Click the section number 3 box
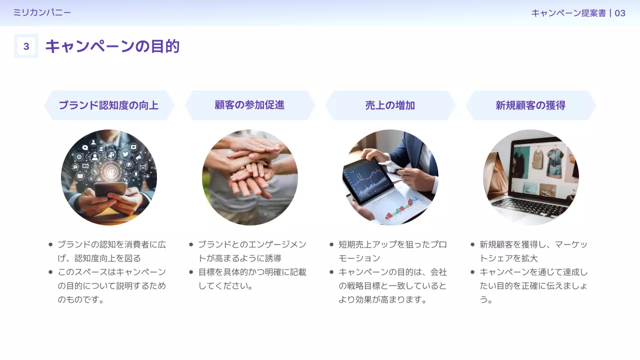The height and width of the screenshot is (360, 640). (26, 46)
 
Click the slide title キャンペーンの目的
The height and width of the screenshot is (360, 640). (112, 46)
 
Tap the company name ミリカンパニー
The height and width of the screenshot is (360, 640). (42, 12)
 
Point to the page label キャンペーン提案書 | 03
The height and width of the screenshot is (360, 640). (578, 13)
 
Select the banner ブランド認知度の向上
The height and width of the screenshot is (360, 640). (109, 105)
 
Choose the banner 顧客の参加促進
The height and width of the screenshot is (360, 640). (249, 105)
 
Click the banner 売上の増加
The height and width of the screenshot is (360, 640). (390, 105)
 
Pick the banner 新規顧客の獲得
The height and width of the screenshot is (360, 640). (530, 105)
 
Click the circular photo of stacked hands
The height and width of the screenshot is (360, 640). (250, 177)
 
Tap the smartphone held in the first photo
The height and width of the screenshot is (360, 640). (110, 190)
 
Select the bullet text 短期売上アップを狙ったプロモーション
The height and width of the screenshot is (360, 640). (392, 251)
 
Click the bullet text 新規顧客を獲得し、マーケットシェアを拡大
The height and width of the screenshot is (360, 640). (533, 251)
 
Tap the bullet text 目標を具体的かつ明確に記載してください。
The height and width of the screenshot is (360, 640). (252, 279)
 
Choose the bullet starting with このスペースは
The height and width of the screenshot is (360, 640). (111, 286)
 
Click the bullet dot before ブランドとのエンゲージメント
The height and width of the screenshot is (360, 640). (191, 244)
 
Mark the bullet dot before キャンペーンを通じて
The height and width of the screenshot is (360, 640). (472, 272)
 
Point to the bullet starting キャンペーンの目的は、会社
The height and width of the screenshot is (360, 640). (392, 286)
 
